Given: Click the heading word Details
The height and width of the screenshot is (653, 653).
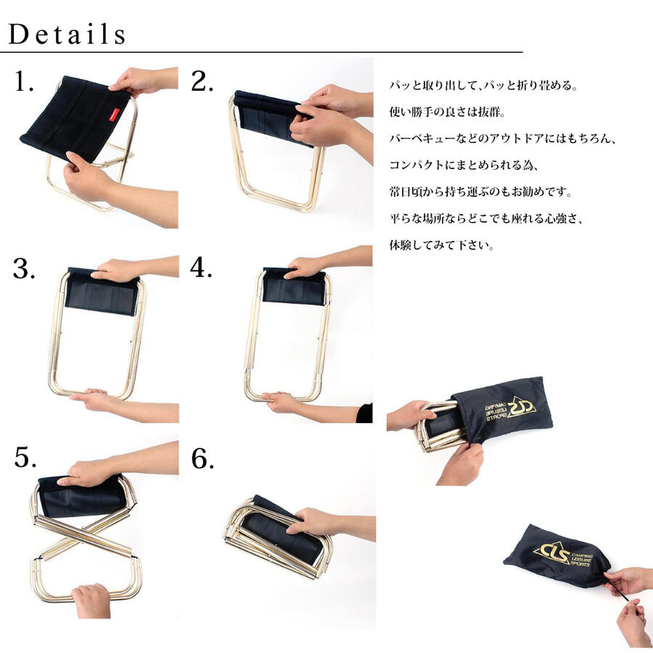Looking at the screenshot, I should (67, 33).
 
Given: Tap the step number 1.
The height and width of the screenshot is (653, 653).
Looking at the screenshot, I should (25, 83).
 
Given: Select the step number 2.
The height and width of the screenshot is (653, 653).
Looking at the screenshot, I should (202, 83).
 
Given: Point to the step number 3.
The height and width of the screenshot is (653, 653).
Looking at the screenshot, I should (25, 269).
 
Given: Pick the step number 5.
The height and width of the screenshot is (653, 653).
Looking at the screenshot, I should (25, 458).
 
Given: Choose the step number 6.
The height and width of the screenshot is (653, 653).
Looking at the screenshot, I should (202, 458).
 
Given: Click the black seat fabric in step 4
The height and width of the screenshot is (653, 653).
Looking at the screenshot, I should (294, 290).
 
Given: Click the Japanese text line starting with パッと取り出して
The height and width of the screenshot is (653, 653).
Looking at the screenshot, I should (482, 86).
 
